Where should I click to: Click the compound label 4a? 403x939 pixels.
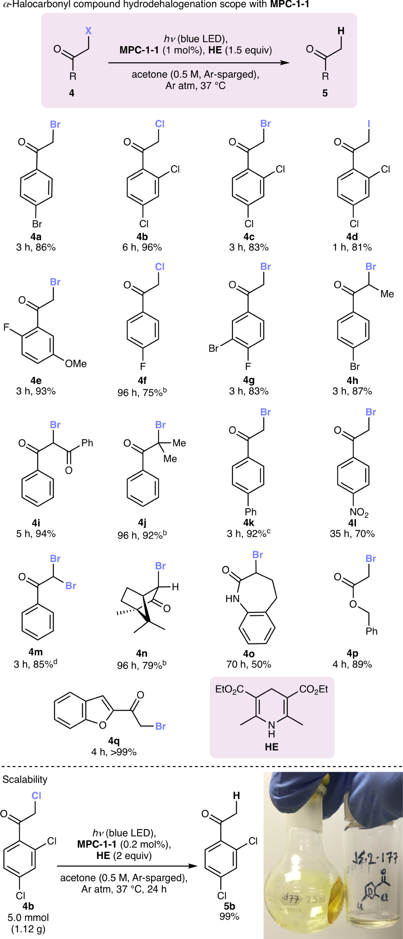(36, 237)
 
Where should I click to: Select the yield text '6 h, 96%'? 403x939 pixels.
(142, 247)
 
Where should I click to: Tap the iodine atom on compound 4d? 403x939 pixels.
(369, 123)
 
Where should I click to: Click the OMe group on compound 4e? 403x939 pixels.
(76, 364)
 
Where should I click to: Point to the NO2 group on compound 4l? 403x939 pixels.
(359, 512)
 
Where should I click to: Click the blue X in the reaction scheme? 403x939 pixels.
(88, 31)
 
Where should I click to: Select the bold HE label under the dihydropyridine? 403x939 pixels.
(272, 747)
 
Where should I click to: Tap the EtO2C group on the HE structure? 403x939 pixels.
(229, 690)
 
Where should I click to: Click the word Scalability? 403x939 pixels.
(25, 779)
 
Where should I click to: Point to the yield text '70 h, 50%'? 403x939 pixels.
(249, 664)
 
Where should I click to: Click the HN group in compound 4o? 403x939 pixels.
(232, 599)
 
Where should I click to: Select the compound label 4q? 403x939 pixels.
(114, 740)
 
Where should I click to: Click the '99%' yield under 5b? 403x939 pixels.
(229, 916)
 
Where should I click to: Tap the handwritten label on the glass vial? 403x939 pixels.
(374, 857)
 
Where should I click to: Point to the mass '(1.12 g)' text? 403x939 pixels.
(28, 929)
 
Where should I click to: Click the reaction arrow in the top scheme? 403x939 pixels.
(199, 63)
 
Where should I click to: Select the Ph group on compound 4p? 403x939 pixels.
(371, 631)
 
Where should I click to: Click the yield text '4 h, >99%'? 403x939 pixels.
(114, 752)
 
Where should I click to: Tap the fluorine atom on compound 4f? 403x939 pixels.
(143, 366)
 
